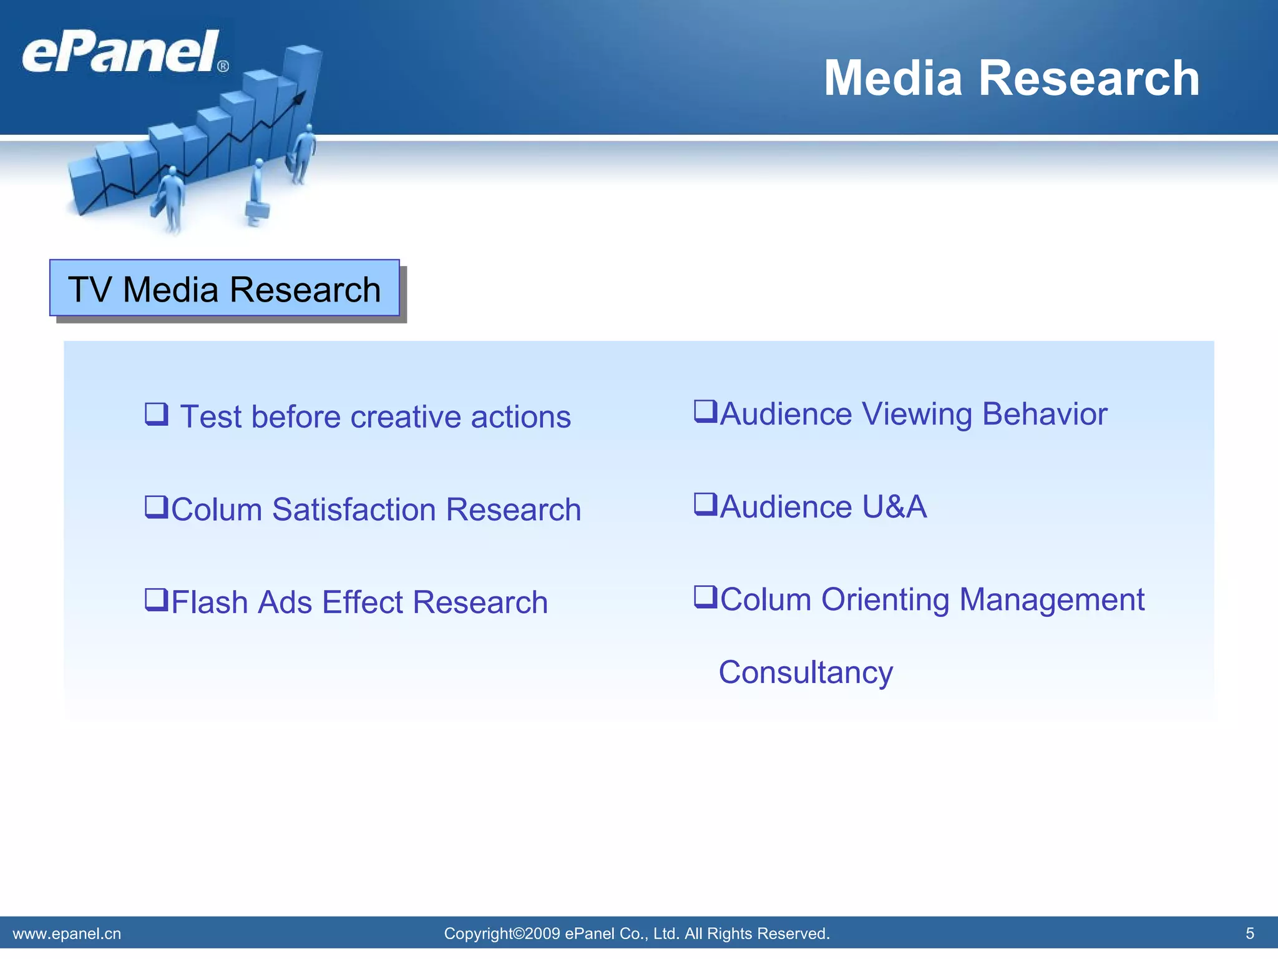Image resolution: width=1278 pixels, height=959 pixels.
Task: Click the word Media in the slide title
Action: pos(893,78)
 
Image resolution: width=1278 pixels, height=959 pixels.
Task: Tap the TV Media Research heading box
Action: pos(225,288)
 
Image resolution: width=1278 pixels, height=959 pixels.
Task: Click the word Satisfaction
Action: pos(354,509)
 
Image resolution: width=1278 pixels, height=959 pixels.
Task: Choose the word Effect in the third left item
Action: pos(363,602)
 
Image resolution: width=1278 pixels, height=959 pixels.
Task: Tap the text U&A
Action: pos(894,506)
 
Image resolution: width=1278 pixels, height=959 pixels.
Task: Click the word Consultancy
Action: pos(806,672)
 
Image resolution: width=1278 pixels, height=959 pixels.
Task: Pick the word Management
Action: pos(1051,599)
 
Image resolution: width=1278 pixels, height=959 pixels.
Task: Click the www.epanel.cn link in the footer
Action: pos(67,933)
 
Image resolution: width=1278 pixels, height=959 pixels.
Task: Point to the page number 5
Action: pos(1250,933)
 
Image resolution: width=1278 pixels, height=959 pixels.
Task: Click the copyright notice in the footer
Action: pos(637,933)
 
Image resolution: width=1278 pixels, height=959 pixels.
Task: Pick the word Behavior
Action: pos(1045,414)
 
